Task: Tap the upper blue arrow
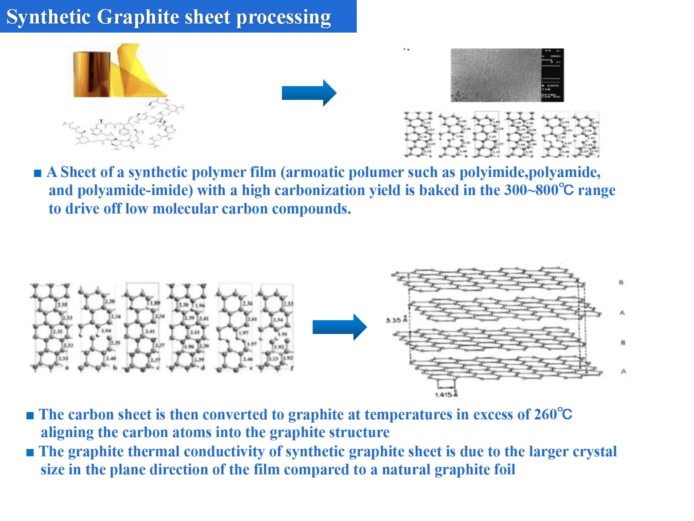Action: [x=309, y=93]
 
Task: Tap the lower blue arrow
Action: [x=339, y=327]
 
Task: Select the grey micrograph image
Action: [x=496, y=75]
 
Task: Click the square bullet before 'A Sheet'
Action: [x=38, y=173]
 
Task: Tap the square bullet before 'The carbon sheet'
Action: [x=30, y=416]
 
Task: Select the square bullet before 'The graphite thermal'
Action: [x=30, y=452]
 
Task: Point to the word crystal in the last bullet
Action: [x=595, y=452]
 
